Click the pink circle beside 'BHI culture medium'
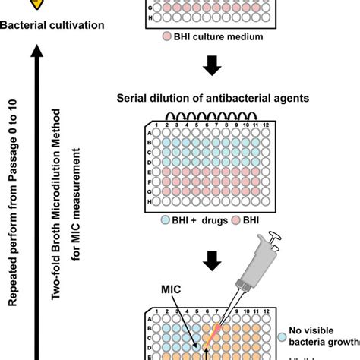click(166, 36)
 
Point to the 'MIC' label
click(171, 289)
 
